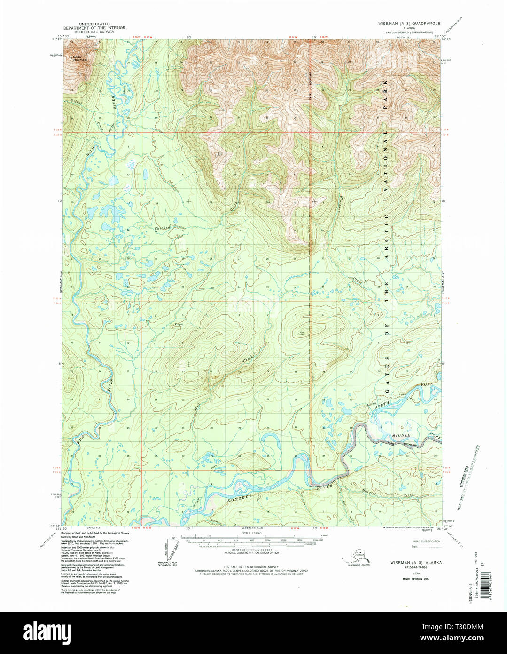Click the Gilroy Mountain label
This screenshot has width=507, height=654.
tap(80, 59)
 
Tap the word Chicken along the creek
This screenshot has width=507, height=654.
tap(162, 228)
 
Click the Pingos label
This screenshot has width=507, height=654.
tap(179, 324)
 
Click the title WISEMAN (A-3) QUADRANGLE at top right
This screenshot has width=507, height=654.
tap(410, 23)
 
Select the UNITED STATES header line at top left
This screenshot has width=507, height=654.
tap(94, 24)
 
